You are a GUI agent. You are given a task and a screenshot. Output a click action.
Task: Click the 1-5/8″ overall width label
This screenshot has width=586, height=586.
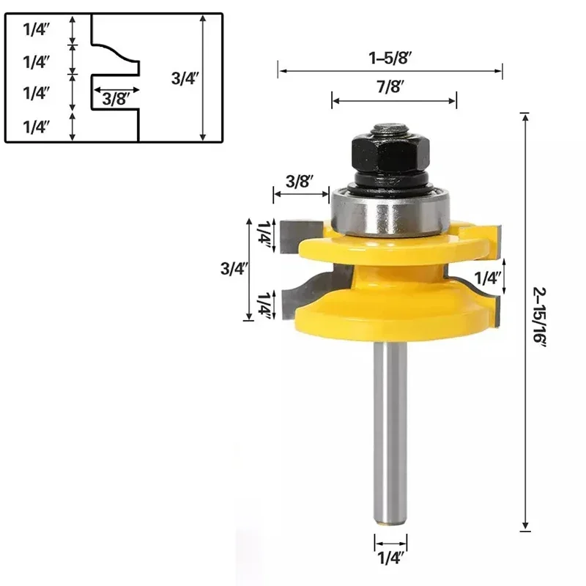click(390, 56)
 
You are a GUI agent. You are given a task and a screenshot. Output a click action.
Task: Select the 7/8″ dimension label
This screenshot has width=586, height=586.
click(393, 86)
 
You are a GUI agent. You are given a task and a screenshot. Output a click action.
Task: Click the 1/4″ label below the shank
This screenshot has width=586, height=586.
click(390, 559)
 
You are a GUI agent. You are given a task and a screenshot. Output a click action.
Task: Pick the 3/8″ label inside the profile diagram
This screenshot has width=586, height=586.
click(116, 98)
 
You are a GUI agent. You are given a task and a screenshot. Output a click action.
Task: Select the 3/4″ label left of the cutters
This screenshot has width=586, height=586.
click(232, 268)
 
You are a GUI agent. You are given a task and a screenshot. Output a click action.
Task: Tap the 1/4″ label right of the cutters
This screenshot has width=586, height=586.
click(489, 278)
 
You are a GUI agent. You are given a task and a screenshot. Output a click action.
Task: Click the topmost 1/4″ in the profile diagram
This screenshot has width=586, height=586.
click(36, 30)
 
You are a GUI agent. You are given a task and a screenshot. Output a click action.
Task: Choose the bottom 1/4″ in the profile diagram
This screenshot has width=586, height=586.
click(36, 127)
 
